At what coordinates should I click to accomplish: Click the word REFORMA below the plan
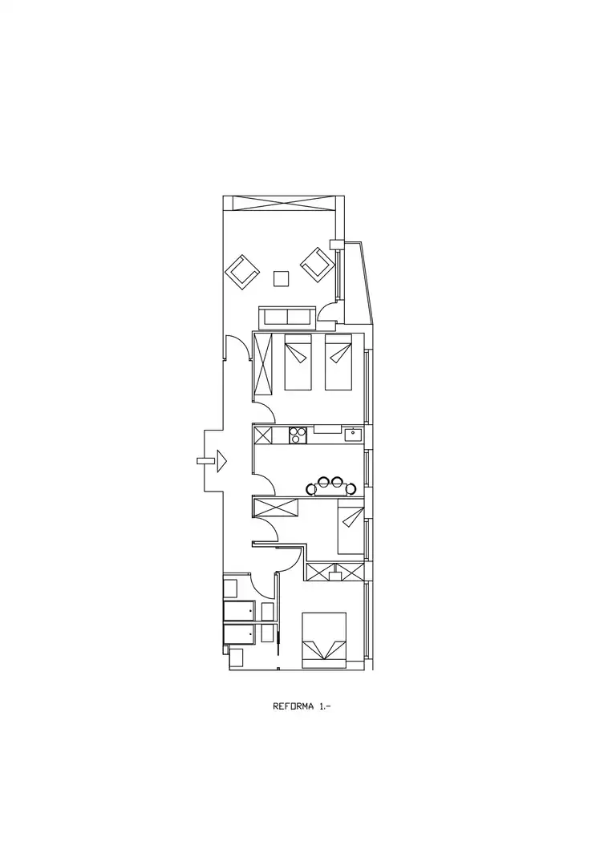click(294, 706)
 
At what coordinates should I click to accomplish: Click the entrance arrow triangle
click(221, 460)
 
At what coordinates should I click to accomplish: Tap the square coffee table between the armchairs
click(282, 278)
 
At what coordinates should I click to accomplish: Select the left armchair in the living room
click(242, 272)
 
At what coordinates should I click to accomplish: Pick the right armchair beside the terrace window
click(318, 264)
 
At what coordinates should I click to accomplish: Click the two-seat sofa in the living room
click(287, 318)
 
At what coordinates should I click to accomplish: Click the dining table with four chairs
click(330, 487)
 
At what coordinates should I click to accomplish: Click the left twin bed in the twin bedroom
click(299, 362)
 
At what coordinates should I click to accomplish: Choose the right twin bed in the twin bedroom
click(338, 362)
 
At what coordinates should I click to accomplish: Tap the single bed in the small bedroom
click(351, 530)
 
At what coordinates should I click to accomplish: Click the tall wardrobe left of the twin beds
click(263, 363)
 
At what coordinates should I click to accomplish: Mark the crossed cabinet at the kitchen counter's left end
click(263, 435)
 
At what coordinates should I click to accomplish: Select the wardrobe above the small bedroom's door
click(276, 508)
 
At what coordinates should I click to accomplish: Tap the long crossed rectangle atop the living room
click(284, 203)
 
